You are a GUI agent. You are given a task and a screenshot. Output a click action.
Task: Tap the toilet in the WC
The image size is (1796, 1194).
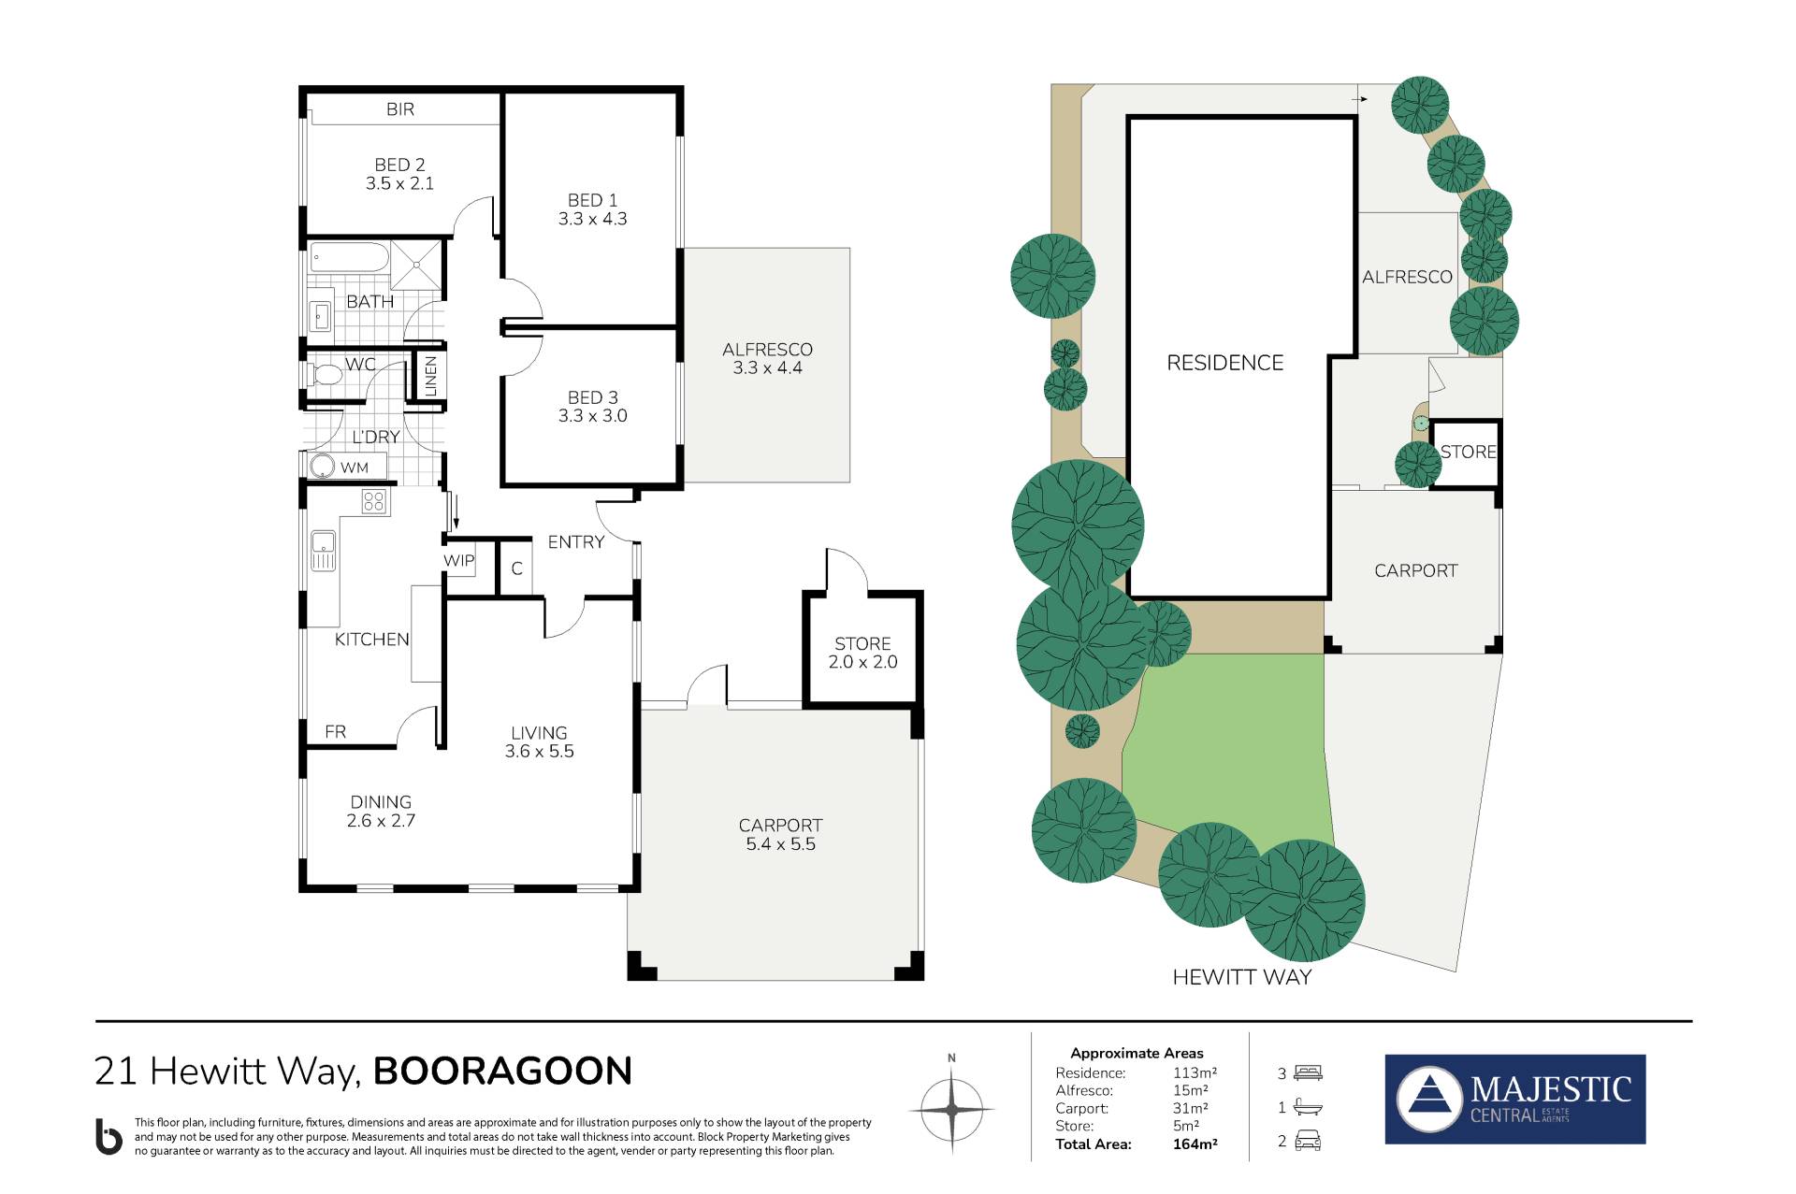pyautogui.click(x=325, y=374)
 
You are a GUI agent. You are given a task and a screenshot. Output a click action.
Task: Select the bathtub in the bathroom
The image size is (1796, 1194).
pyautogui.click(x=349, y=258)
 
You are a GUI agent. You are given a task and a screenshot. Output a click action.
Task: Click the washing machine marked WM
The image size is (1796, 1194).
pyautogui.click(x=322, y=467)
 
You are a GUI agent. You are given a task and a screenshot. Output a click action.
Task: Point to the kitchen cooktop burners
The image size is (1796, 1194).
pyautogui.click(x=374, y=501)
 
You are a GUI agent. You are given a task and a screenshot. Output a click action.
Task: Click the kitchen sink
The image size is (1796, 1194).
pyautogui.click(x=323, y=549)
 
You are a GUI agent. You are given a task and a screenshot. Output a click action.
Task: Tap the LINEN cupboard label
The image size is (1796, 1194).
pyautogui.click(x=431, y=376)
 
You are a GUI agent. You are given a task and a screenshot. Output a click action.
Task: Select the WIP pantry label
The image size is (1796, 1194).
pyautogui.click(x=459, y=560)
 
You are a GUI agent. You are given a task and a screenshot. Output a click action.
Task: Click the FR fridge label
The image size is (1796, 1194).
pyautogui.click(x=335, y=732)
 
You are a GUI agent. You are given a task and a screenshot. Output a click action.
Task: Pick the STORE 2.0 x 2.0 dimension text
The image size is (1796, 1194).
pyautogui.click(x=862, y=662)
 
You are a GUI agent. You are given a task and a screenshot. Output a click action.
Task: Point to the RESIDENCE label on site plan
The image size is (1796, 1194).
pyautogui.click(x=1224, y=363)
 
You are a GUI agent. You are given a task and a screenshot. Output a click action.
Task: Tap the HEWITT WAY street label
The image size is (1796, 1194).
pyautogui.click(x=1242, y=977)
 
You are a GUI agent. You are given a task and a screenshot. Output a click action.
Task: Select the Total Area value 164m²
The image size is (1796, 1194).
pyautogui.click(x=1195, y=1144)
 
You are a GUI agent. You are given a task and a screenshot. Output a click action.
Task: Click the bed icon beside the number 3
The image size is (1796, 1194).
pyautogui.click(x=1309, y=1073)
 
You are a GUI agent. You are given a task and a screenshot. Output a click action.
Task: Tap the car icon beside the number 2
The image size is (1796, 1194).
pyautogui.click(x=1308, y=1141)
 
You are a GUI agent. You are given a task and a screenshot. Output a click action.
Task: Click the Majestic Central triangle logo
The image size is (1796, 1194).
pyautogui.click(x=1428, y=1099)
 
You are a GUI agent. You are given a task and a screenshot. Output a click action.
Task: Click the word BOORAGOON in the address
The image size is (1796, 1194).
pyautogui.click(x=503, y=1072)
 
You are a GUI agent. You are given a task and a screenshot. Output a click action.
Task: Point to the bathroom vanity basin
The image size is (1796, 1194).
pyautogui.click(x=321, y=315)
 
